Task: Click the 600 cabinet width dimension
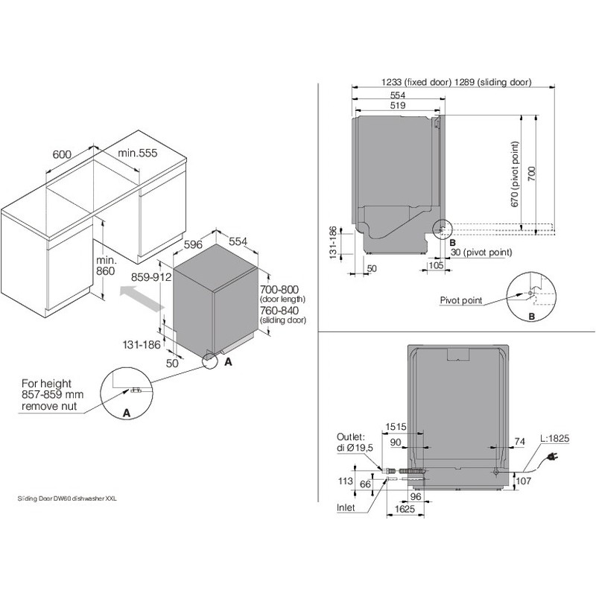[x=62, y=154]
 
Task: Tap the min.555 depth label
[x=138, y=153]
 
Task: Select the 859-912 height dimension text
[x=151, y=277]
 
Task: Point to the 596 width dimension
[x=193, y=244]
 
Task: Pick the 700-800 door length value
[x=279, y=290]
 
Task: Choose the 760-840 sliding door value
[x=279, y=310]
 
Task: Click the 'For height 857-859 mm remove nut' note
[x=52, y=395]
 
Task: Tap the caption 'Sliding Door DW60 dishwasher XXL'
[x=67, y=498]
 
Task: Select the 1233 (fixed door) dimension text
[x=416, y=82]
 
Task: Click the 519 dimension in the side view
[x=398, y=105]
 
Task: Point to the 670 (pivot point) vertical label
[x=515, y=174]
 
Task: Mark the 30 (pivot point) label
[x=481, y=252]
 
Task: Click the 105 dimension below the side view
[x=436, y=265]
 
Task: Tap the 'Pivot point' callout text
[x=461, y=300]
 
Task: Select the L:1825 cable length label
[x=555, y=438]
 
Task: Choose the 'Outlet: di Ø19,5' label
[x=355, y=443]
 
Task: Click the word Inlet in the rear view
[x=346, y=507]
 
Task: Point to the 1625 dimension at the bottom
[x=405, y=509]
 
